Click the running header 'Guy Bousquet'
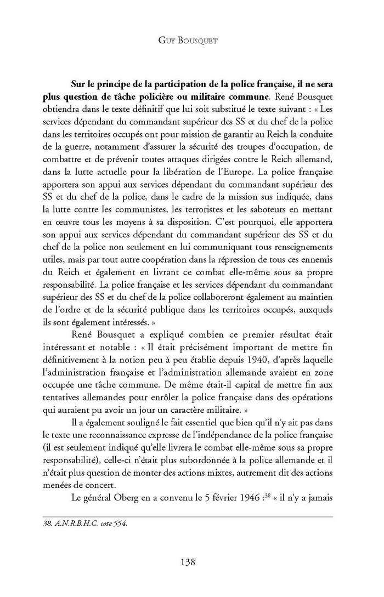click(x=191, y=40)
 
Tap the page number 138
click(x=191, y=561)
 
